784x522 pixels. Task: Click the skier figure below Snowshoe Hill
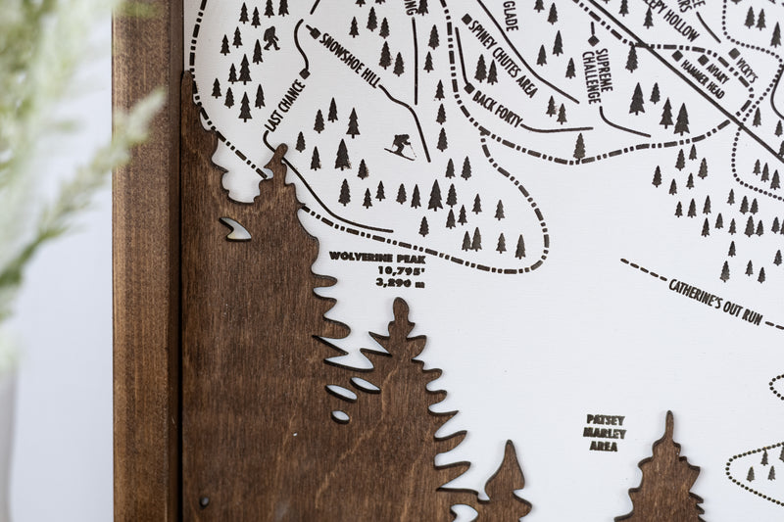pyautogui.click(x=399, y=145)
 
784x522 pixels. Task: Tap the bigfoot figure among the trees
pyautogui.click(x=270, y=38)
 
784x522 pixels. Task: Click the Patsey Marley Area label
pyautogui.click(x=605, y=432)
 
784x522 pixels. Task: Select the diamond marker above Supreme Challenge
pyautogui.click(x=593, y=40)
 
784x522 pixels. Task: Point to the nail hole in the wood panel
pyautogui.click(x=204, y=501)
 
